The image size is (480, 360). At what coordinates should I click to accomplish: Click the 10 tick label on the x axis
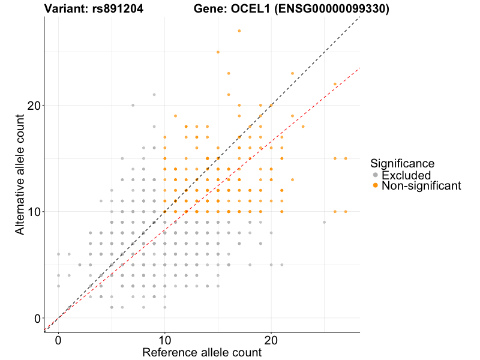click(x=164, y=340)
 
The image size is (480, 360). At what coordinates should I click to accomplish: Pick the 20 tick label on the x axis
click(x=271, y=340)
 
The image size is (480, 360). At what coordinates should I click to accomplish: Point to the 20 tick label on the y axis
click(x=32, y=106)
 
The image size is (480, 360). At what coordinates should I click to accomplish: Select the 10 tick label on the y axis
click(x=32, y=212)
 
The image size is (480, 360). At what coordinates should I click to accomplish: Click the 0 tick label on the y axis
click(x=37, y=319)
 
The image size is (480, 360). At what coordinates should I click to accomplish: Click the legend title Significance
click(x=402, y=163)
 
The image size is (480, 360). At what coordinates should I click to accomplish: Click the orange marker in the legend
click(x=376, y=186)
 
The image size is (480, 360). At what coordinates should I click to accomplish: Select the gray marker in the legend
click(x=376, y=175)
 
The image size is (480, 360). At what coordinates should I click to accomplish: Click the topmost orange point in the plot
click(x=239, y=31)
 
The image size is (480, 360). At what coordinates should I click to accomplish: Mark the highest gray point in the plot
click(x=154, y=94)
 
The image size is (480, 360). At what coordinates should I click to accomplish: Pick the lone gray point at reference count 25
click(x=324, y=222)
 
